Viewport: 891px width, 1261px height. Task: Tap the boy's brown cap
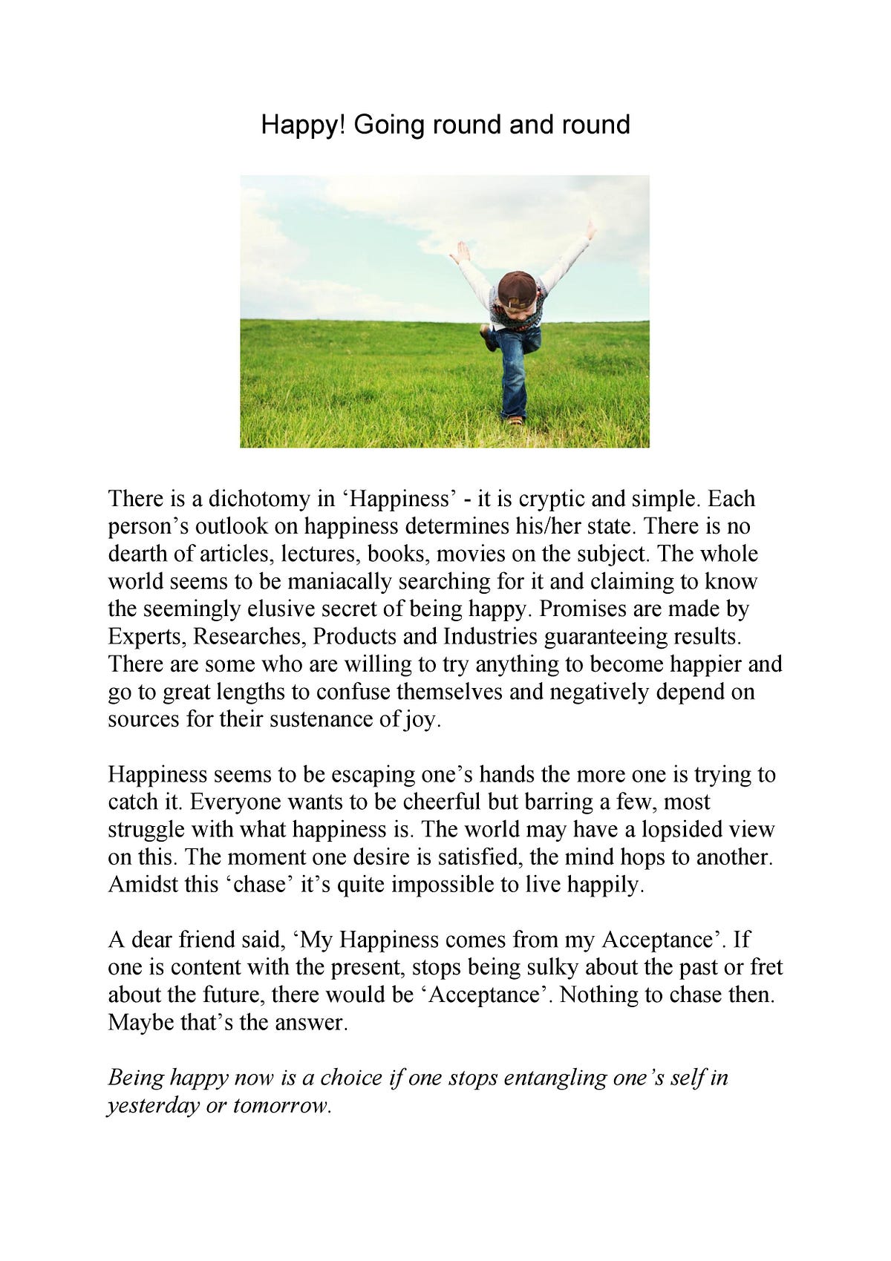[518, 288]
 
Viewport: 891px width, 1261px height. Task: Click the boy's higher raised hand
[591, 229]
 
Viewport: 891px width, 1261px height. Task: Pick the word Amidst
[142, 885]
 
